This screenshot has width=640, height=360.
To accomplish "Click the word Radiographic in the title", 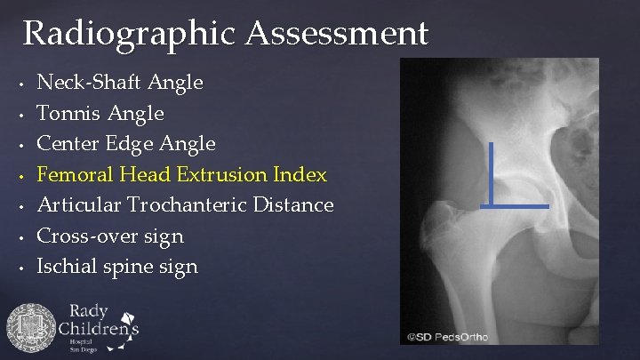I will point(131,34).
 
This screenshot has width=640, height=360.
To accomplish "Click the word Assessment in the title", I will point(338,34).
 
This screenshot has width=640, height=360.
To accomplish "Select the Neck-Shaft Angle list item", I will point(120,83).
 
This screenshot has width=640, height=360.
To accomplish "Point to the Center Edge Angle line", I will point(126,143).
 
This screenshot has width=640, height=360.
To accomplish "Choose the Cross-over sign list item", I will point(110,236).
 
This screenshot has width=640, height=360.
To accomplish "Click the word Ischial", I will point(65,266).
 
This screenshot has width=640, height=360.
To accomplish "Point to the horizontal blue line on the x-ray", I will point(516,206).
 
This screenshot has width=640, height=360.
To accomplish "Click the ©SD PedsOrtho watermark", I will point(448,337).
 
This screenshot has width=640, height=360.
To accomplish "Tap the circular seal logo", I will point(31,328).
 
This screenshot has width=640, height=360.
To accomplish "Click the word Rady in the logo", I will point(88,311).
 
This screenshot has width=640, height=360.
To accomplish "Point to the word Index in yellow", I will point(301,174).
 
